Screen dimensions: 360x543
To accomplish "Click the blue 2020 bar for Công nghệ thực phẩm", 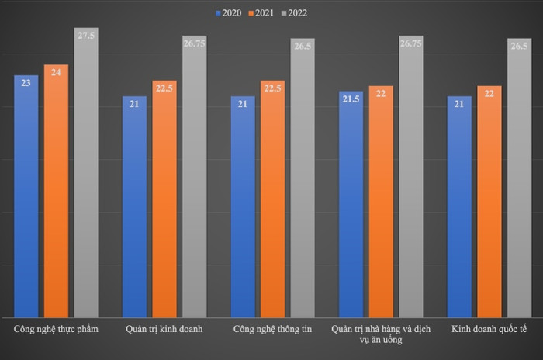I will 26,194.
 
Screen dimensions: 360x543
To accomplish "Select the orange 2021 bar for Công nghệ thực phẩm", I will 56,190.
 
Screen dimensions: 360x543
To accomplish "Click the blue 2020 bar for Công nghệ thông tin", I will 242,206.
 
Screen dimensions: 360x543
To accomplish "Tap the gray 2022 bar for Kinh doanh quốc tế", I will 519,186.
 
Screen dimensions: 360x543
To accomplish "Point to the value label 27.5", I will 86,36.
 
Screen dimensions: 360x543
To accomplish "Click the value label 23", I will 26,82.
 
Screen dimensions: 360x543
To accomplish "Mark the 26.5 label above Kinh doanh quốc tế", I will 519,46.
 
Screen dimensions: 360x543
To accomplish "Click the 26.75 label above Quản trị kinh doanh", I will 194,43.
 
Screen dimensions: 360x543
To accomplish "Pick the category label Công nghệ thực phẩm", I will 56,329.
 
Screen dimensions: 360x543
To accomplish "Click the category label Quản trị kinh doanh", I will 164,329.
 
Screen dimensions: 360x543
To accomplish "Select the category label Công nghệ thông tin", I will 272,329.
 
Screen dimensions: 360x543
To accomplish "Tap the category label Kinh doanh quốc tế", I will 489,329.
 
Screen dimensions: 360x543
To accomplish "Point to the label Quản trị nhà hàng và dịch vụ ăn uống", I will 381,334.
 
